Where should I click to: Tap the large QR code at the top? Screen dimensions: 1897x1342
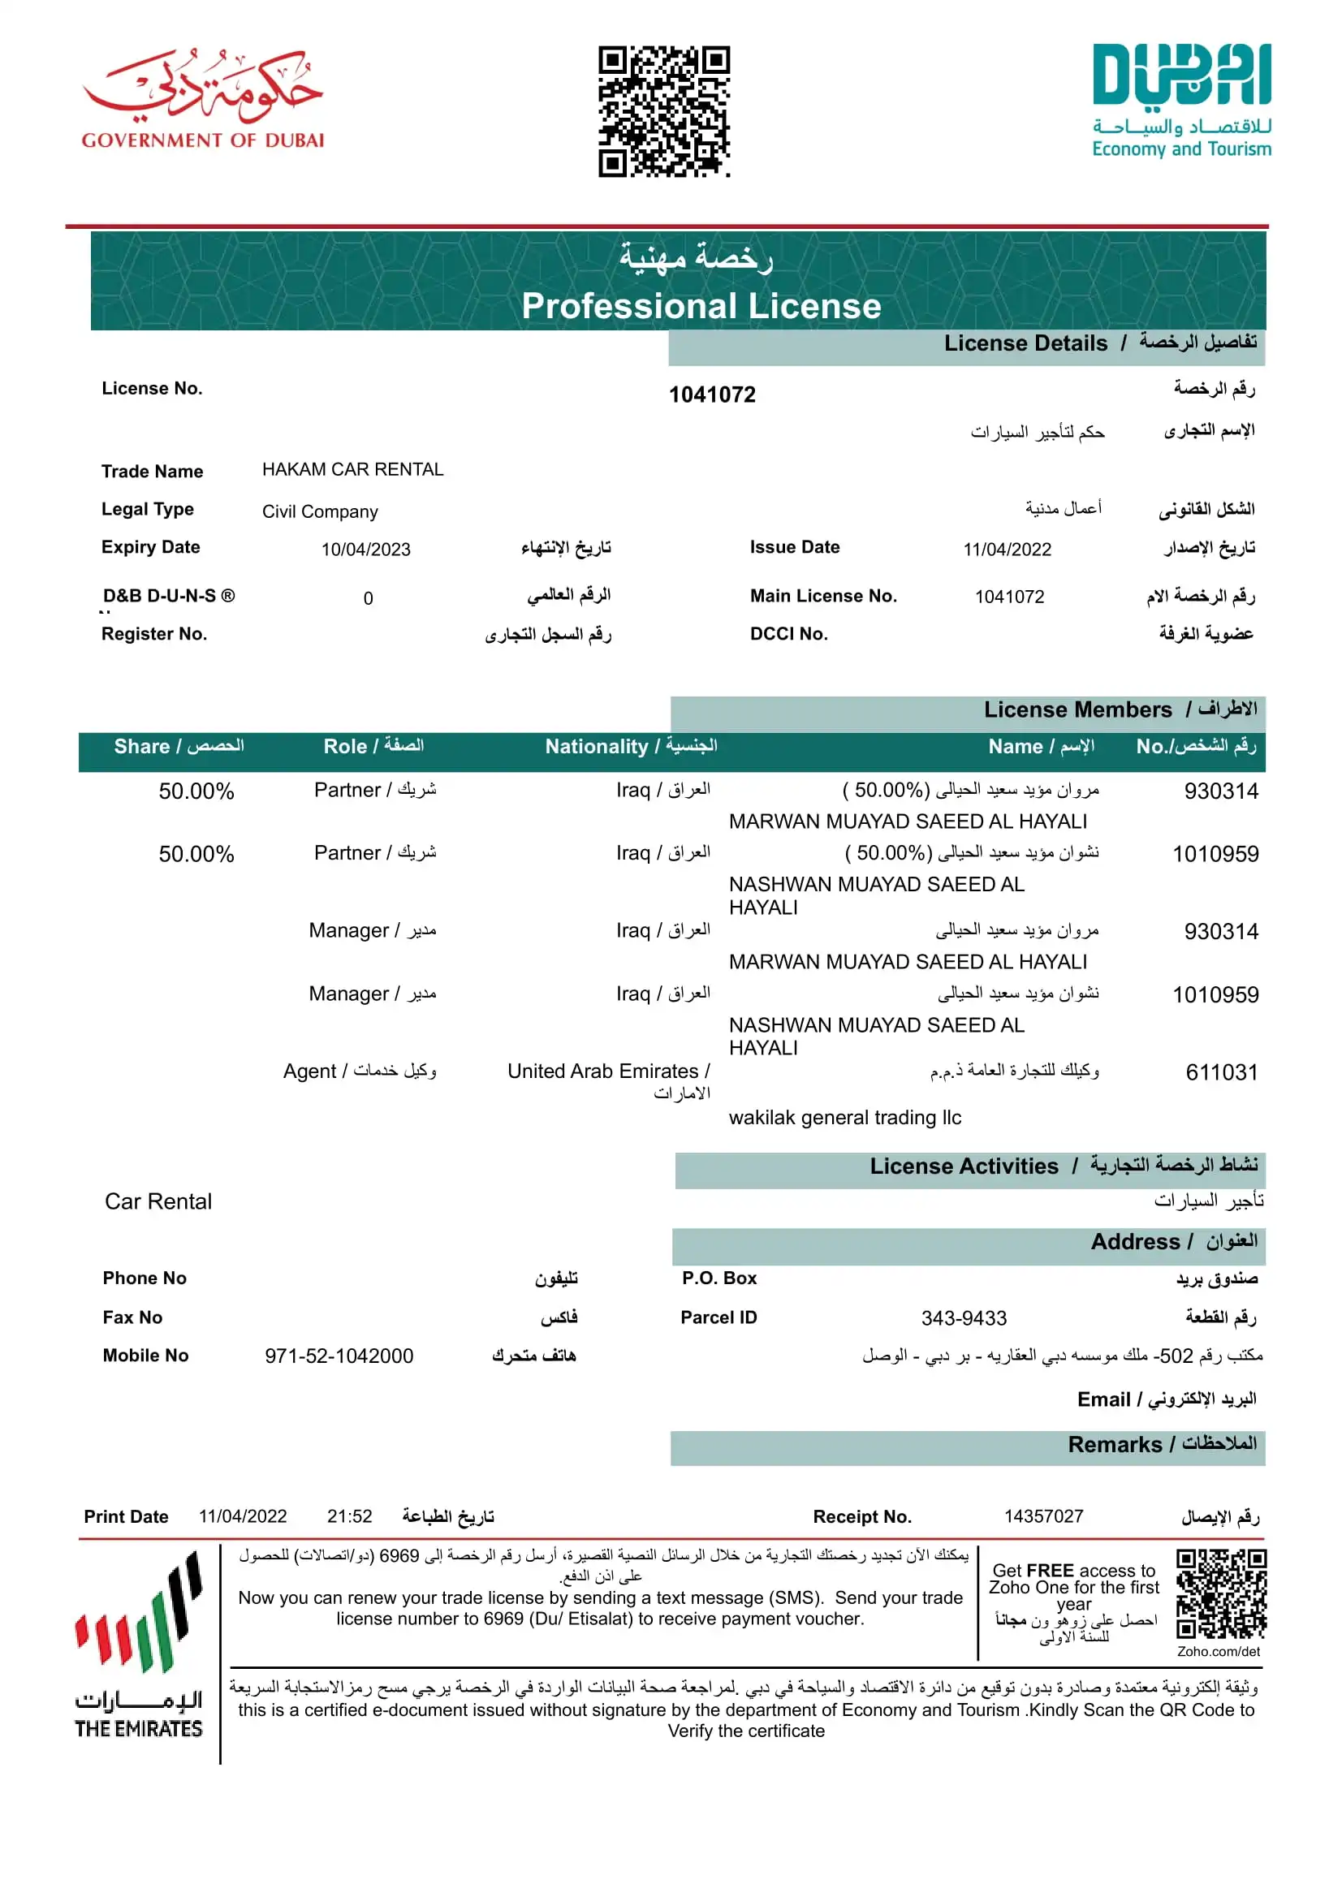[663, 111]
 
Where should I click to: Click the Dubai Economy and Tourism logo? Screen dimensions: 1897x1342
[1181, 101]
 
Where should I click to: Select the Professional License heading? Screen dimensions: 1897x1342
[701, 306]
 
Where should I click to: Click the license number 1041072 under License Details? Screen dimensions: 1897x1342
[711, 395]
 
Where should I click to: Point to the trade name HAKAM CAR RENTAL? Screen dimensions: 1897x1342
[353, 470]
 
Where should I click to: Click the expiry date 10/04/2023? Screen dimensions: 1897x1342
[365, 550]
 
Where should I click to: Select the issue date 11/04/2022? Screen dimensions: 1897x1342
[1007, 550]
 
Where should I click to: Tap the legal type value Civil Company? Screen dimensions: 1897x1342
[320, 511]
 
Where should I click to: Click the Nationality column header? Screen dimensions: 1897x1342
[631, 747]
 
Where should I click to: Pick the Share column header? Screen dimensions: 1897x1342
[179, 747]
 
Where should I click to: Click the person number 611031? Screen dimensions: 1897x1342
[1221, 1072]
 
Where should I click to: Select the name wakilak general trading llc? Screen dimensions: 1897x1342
[844, 1118]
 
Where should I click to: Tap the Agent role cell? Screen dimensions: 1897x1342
[360, 1071]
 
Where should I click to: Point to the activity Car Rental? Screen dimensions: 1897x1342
[158, 1201]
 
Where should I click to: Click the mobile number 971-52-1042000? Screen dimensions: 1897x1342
[339, 1356]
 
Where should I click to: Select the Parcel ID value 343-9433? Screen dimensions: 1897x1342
[964, 1317]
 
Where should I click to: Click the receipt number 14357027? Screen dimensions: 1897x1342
[1043, 1516]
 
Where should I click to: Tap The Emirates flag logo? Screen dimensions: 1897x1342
[139, 1645]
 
